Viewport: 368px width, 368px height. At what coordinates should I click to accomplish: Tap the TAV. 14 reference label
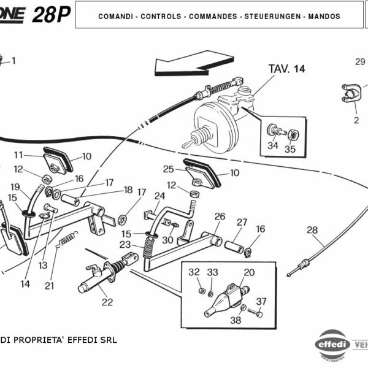286,69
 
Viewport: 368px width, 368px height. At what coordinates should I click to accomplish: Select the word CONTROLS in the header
161,17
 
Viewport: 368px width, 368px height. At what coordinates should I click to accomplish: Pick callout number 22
107,301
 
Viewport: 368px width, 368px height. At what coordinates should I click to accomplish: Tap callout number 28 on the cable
312,230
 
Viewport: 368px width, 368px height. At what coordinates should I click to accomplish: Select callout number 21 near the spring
50,285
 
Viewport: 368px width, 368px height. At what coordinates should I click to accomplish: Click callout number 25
168,169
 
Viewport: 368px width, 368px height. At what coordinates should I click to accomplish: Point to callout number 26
220,217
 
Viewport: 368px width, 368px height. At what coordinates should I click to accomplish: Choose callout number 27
242,222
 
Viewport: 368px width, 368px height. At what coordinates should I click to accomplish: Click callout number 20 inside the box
249,272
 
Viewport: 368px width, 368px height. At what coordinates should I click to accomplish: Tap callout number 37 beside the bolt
261,301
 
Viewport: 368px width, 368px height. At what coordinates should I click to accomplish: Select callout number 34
272,146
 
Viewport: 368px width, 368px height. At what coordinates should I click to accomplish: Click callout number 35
289,148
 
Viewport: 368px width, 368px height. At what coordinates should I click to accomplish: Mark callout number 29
360,61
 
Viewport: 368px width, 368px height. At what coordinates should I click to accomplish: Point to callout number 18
128,190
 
